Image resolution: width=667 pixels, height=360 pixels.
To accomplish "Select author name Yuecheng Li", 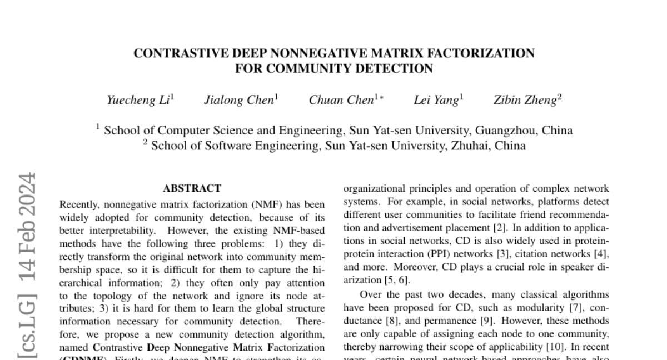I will tap(139, 100).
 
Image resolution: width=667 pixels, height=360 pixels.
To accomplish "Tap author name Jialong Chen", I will tap(239, 100).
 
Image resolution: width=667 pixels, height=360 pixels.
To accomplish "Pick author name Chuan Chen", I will tap(341, 100).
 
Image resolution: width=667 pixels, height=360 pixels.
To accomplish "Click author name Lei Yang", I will tap(436, 100).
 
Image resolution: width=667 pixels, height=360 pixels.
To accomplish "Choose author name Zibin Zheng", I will tap(525, 100).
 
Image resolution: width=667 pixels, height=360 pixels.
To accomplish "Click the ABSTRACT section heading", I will tap(192, 188).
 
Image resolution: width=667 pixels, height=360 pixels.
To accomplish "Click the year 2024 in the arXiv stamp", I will tap(27, 195).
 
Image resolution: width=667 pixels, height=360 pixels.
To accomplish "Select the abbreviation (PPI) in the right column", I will tap(434, 254).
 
